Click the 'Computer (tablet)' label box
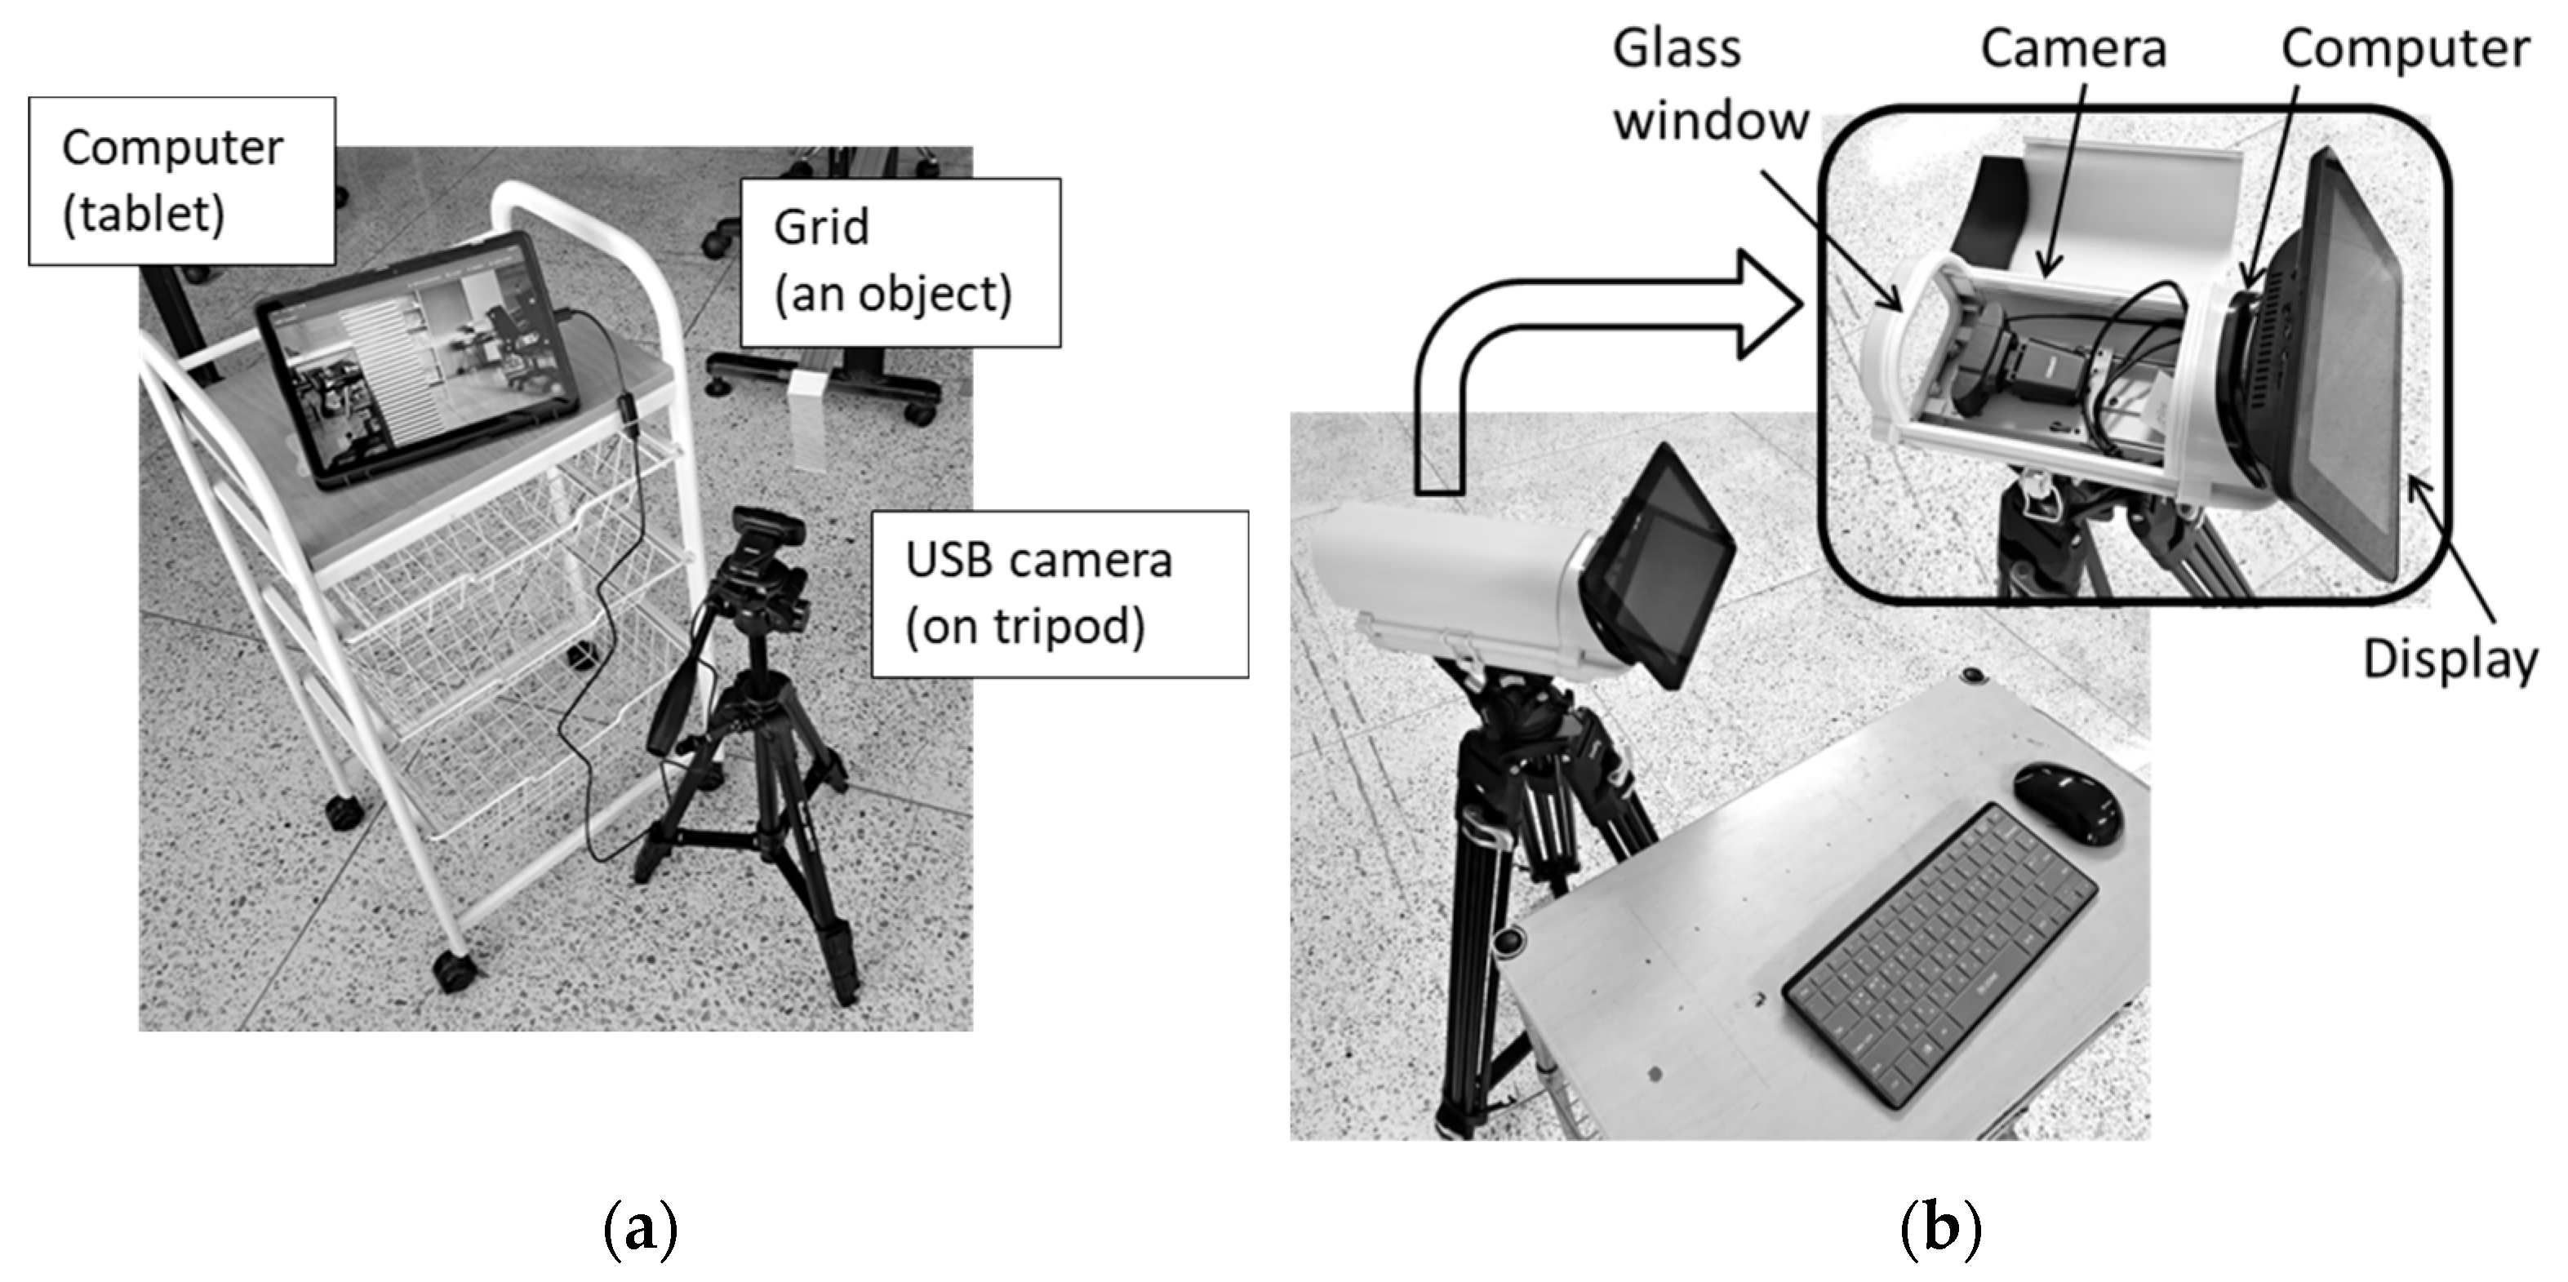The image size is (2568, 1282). [x=181, y=180]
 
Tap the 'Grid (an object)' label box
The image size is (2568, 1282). [x=900, y=262]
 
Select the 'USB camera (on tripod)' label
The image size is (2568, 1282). [x=1059, y=594]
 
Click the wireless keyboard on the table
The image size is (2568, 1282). [x=1939, y=954]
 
